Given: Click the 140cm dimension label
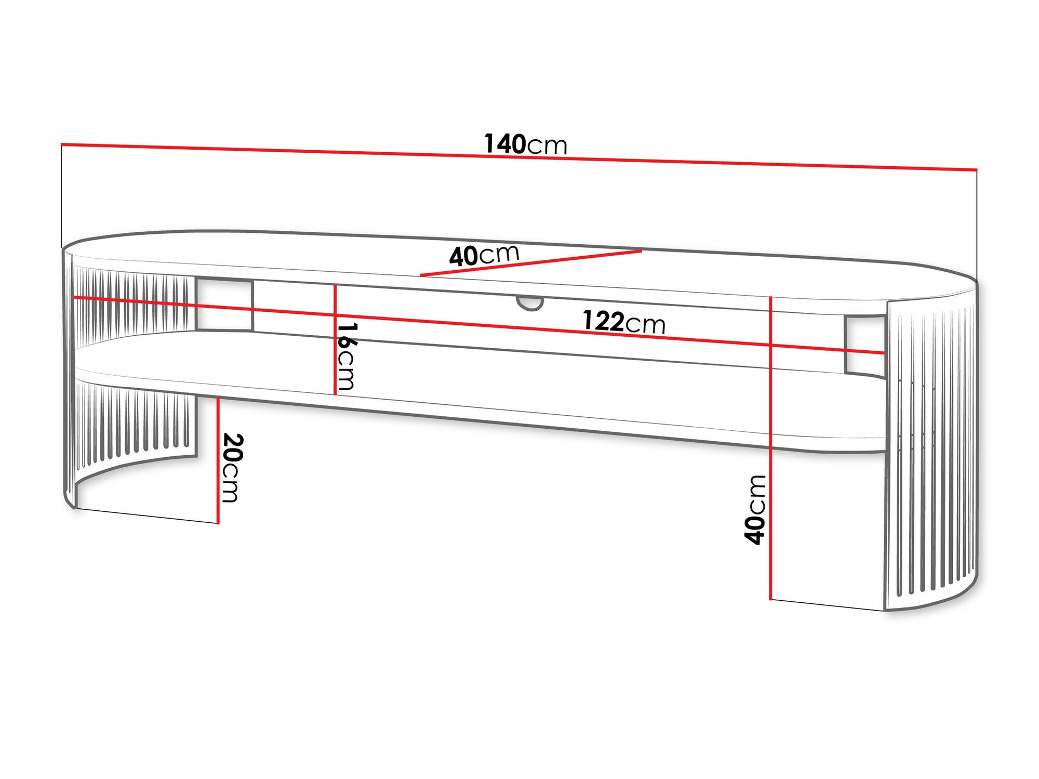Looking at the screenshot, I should [x=525, y=144].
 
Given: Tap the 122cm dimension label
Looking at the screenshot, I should [x=623, y=322].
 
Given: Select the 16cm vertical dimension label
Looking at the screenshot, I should [x=347, y=357].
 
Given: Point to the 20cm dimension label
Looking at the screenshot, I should [x=231, y=468].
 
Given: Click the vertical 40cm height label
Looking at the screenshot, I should [x=755, y=510].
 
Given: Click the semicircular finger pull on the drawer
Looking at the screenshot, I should [x=530, y=303].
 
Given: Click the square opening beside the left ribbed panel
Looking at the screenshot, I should [x=224, y=305].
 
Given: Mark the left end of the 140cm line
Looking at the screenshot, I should [x=62, y=144].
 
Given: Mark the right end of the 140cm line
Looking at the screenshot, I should [x=977, y=169].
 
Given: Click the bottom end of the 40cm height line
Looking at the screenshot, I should [x=770, y=599].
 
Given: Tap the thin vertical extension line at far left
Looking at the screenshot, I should [x=62, y=197].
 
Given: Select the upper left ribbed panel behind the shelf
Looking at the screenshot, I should [x=132, y=301].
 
